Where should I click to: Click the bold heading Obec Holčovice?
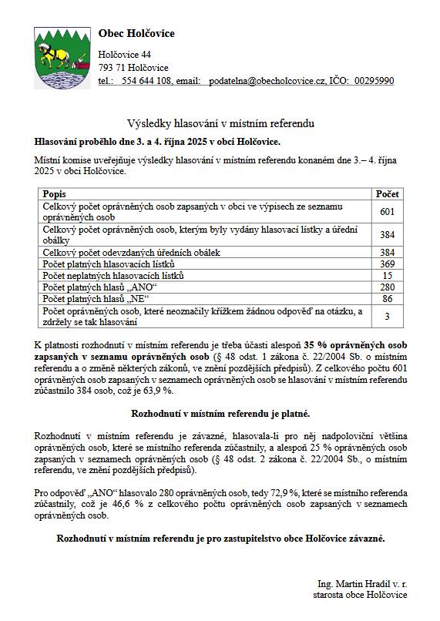pos(136,34)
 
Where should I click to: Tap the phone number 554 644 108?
pos(146,80)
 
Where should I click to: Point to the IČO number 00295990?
pos(374,80)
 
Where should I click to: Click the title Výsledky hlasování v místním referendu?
pos(220,124)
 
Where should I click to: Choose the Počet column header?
pos(387,194)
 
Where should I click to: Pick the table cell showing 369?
pos(387,264)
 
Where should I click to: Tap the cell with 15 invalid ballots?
pos(387,275)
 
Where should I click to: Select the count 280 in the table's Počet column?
pos(387,287)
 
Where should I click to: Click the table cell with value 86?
pos(387,298)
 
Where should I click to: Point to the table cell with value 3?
pos(387,316)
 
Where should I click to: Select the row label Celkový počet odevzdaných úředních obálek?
pos(132,252)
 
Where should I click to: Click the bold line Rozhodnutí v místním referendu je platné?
pos(220,414)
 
